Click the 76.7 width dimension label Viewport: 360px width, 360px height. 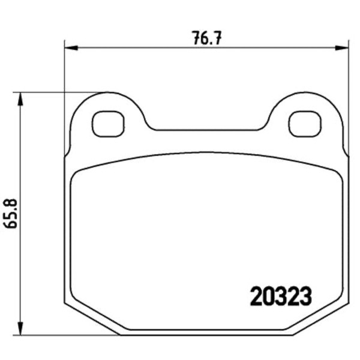207,38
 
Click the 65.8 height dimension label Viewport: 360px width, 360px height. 11,213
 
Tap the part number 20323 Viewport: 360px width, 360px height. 281,296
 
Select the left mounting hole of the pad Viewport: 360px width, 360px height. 108,124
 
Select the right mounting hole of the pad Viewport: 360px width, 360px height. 305,124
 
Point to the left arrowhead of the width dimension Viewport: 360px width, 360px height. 71,48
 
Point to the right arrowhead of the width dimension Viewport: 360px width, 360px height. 341,48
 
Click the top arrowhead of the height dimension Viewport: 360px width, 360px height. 20,99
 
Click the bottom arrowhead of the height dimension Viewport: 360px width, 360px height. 20,329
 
